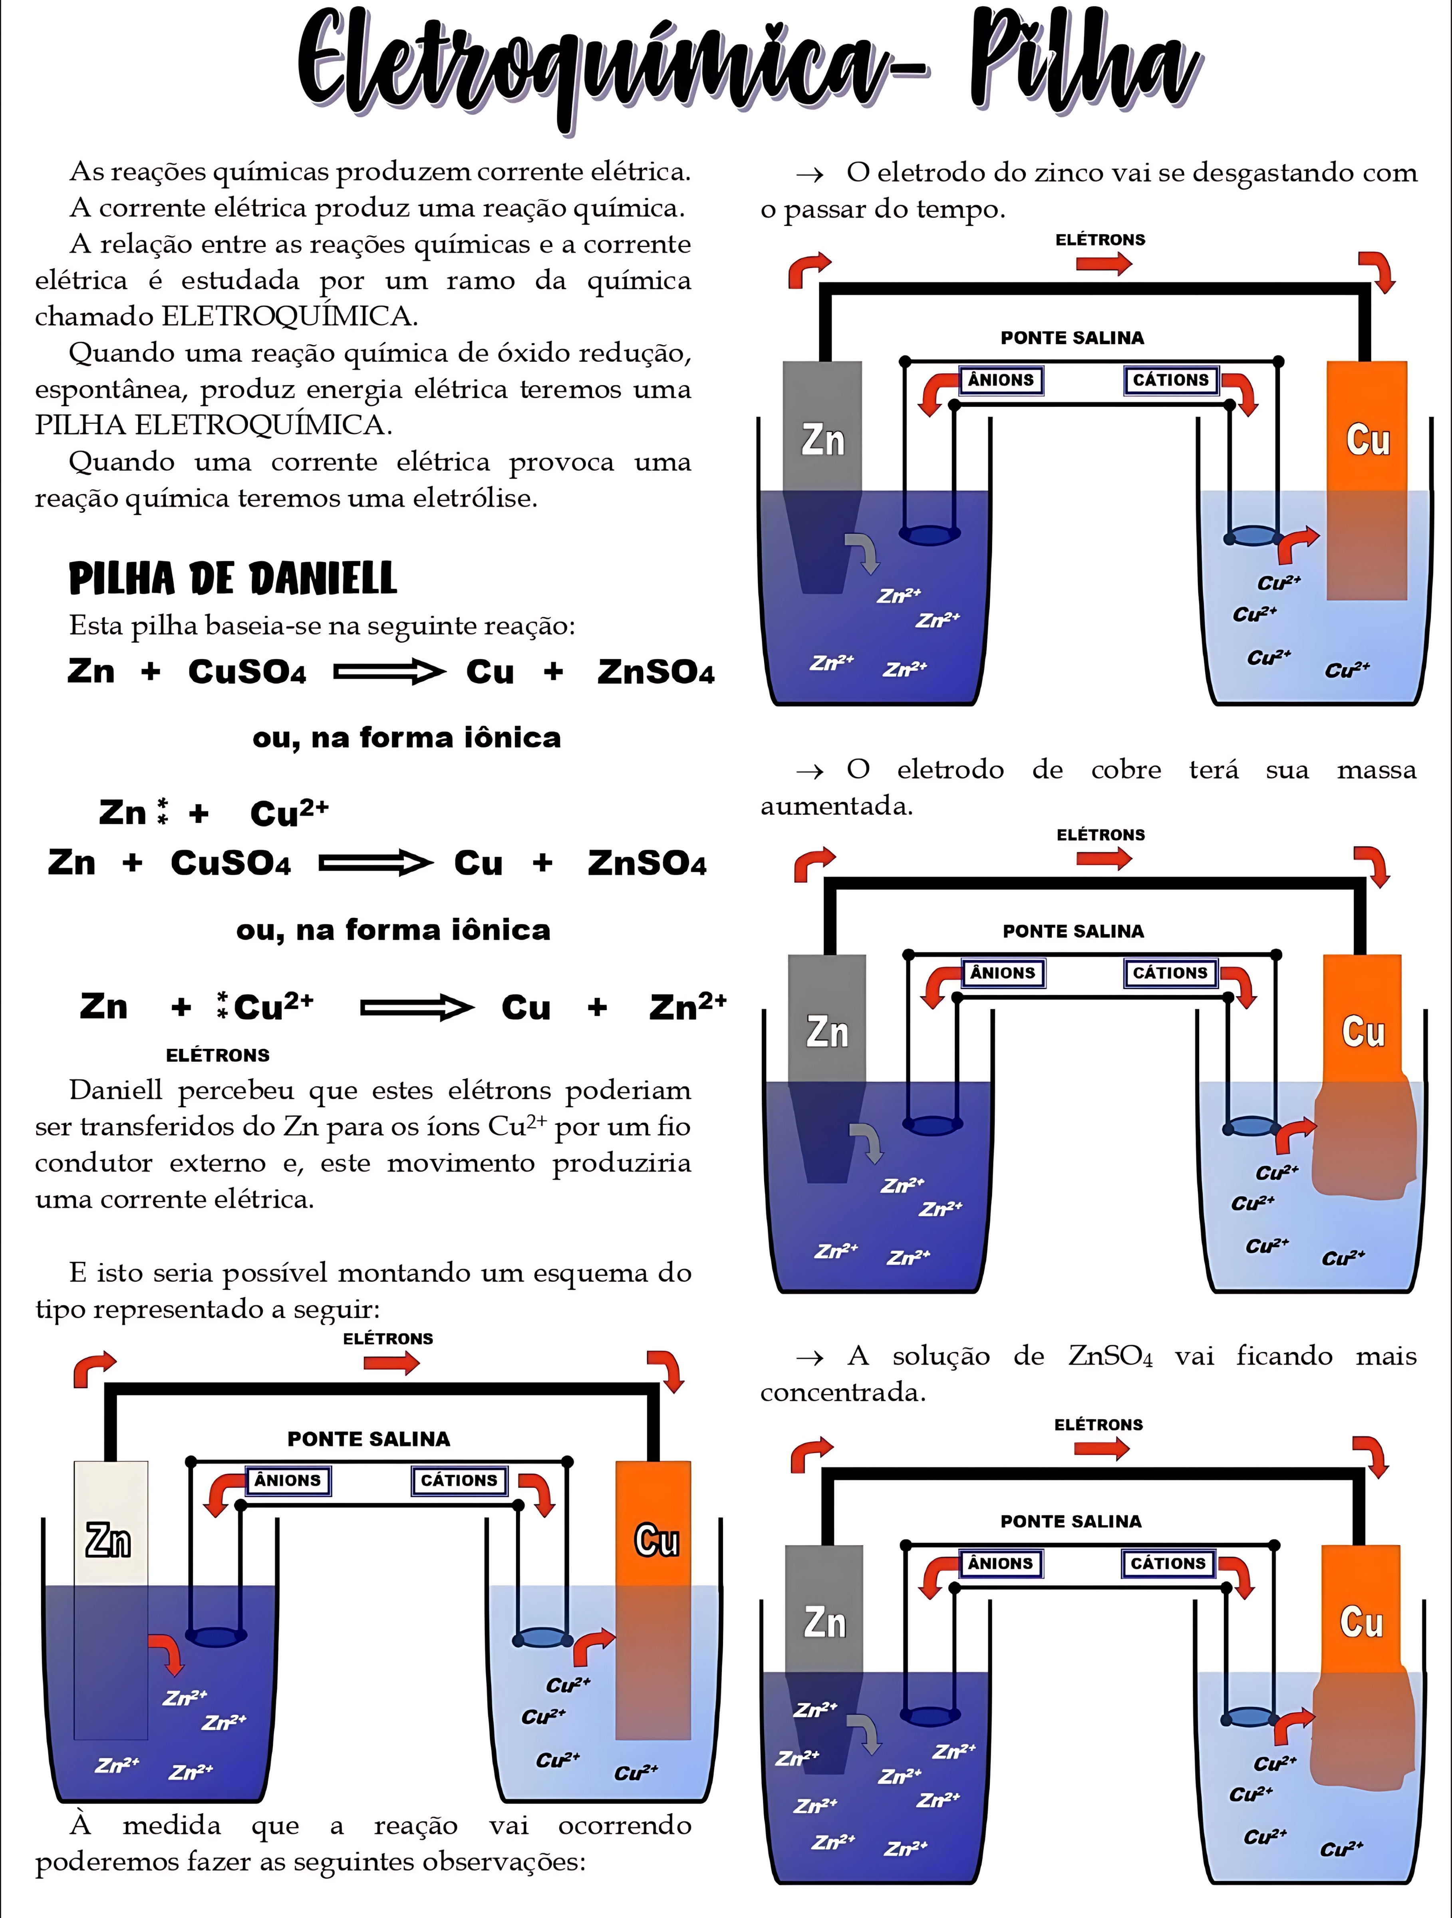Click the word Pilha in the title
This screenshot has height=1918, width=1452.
pos(1084,65)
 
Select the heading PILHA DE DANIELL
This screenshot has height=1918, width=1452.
pos(232,578)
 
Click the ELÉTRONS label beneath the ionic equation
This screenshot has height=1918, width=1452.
pos(218,1055)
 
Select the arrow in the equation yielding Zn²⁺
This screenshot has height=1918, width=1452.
pos(416,1008)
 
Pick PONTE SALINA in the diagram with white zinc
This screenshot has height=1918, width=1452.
pos(368,1439)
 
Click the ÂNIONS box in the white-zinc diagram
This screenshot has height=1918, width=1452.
pos(287,1480)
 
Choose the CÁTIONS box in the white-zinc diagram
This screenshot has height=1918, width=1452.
pos(459,1480)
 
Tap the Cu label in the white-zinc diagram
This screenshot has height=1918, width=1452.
pos(656,1541)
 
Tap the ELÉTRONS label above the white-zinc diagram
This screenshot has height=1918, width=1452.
pos(387,1339)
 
